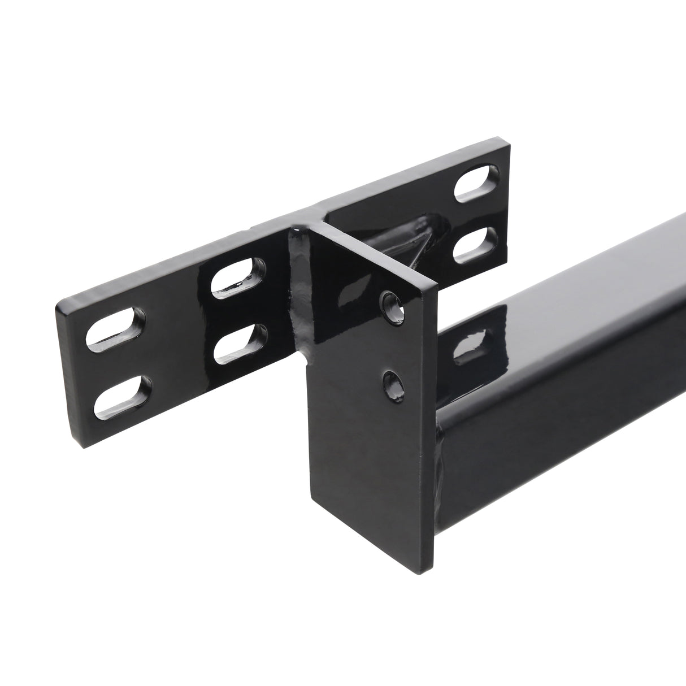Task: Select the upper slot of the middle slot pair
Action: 239,276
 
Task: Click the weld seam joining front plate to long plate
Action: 298,294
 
